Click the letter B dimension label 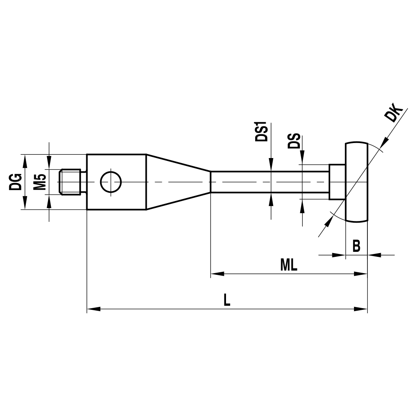(x=356, y=246)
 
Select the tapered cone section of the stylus (x=177, y=182)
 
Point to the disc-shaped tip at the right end (x=357, y=182)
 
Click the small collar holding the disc (x=337, y=182)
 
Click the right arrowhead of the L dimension (x=361, y=309)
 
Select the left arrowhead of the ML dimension (x=217, y=274)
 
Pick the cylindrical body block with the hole (x=116, y=182)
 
